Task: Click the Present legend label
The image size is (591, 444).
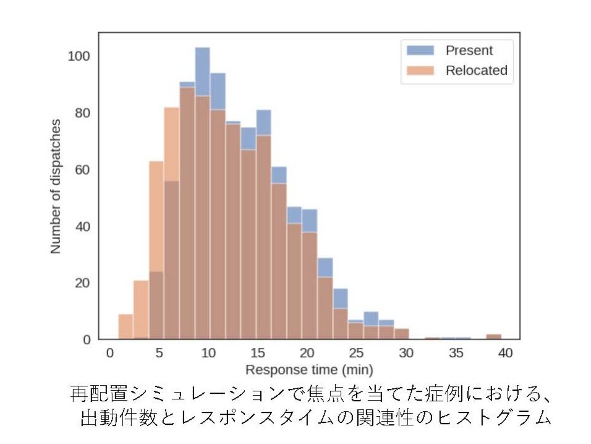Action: tap(469, 50)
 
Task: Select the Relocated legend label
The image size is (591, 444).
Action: tap(476, 71)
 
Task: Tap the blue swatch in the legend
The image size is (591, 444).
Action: tap(420, 50)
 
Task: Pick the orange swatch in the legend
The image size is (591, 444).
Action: tap(420, 71)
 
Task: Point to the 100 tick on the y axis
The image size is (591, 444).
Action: tap(79, 56)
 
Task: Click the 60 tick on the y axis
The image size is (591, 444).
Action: tap(82, 170)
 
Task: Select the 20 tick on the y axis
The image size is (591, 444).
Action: tap(82, 283)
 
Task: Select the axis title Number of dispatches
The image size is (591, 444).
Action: tap(56, 186)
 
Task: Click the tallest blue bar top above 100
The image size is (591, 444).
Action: tap(203, 50)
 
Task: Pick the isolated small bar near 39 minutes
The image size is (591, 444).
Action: tap(493, 337)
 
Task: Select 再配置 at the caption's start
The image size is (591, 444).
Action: tap(92, 394)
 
